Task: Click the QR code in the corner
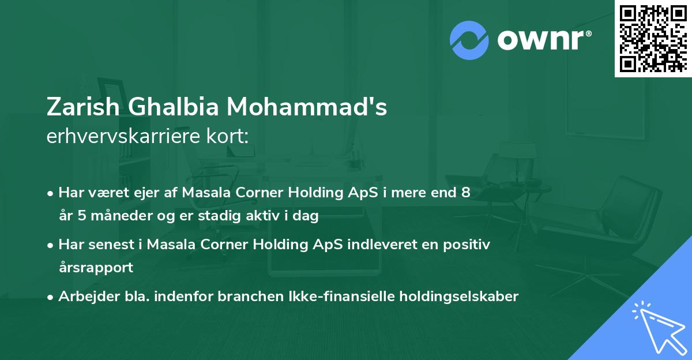point(653,39)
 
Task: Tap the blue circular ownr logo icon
point(469,40)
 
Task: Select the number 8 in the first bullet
point(465,193)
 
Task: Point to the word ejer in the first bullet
point(147,193)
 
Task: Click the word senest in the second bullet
point(111,245)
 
